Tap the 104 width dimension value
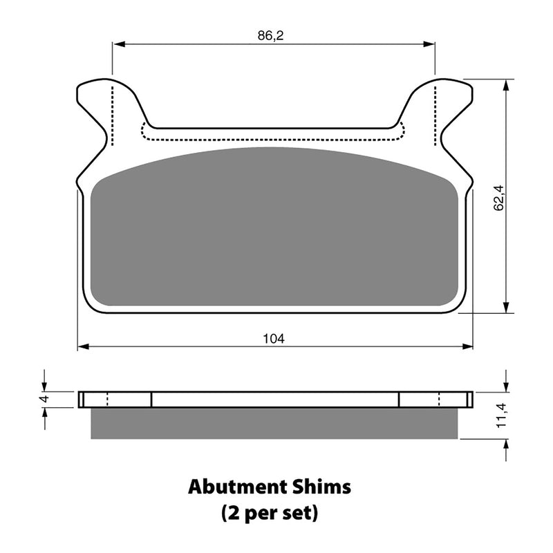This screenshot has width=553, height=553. (x=274, y=338)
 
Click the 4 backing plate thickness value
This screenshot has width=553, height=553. (x=42, y=400)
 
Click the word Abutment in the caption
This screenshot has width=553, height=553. (x=233, y=487)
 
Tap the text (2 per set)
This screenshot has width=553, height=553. (x=270, y=513)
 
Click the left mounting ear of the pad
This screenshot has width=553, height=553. (x=96, y=104)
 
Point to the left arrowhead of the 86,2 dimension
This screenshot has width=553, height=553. (x=117, y=44)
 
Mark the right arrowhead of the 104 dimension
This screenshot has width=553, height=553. (x=468, y=346)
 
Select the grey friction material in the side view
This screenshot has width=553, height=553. (x=274, y=424)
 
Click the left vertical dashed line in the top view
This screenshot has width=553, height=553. (x=111, y=116)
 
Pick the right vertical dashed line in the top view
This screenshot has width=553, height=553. (x=435, y=116)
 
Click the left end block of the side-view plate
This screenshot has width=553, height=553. (x=115, y=400)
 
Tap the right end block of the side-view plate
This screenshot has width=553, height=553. (x=435, y=400)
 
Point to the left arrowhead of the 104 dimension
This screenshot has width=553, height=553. (x=82, y=346)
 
